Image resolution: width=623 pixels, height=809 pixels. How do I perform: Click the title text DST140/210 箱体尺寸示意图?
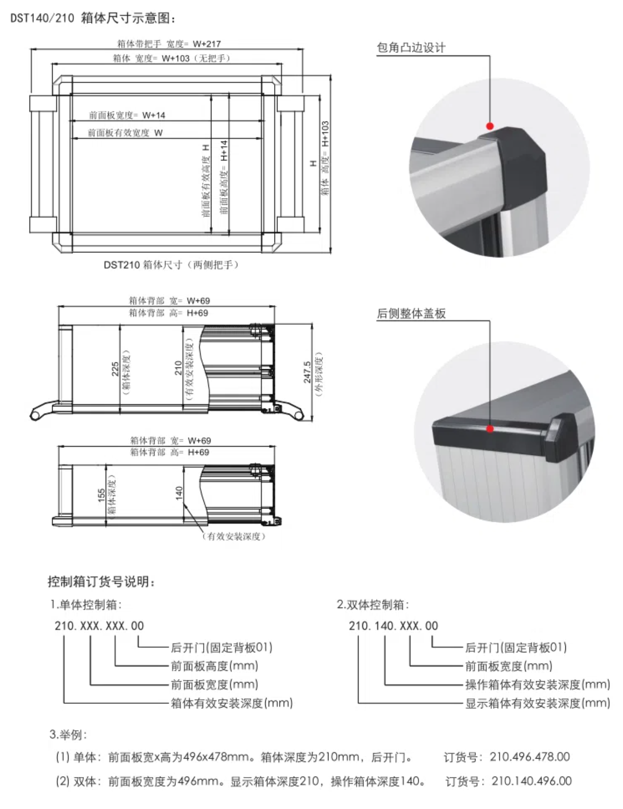coord(93,19)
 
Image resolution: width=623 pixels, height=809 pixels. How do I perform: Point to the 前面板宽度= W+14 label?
coord(127,115)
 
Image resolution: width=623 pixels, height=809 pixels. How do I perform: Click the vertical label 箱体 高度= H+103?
coord(325,158)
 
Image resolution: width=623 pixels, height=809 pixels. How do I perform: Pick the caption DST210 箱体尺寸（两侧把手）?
coord(171,265)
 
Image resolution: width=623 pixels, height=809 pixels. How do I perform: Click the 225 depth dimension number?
coord(115,369)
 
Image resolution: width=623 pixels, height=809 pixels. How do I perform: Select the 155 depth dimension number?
coord(102,495)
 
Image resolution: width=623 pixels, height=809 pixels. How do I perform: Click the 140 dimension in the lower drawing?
coord(179,493)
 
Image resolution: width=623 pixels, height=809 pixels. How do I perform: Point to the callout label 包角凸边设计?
coord(411,48)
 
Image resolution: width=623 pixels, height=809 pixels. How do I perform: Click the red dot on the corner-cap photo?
coord(490,126)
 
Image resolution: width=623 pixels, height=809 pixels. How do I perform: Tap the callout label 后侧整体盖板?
coord(411,314)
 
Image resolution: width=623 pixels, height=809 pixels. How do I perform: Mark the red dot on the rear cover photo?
coord(490,429)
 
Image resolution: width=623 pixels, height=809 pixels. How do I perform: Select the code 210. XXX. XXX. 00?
coord(99,626)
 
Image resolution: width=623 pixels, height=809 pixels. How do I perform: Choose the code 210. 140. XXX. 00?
coord(393,626)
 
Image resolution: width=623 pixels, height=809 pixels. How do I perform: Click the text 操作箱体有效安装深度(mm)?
coord(537,684)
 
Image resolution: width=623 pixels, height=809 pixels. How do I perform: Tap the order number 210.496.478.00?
coord(530,757)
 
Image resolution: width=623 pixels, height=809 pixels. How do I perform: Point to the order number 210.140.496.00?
coord(531,781)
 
